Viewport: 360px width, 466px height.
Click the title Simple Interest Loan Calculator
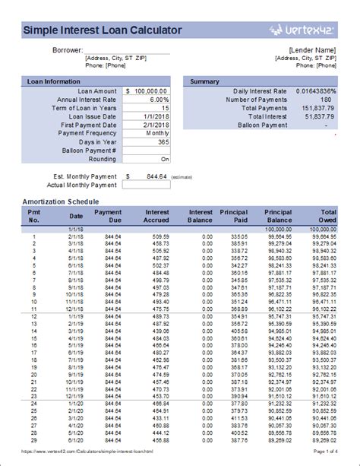click(103, 30)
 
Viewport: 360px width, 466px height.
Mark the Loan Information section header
click(53, 81)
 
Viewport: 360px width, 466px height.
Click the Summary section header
click(204, 81)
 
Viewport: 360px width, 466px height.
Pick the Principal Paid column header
click(233, 216)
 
